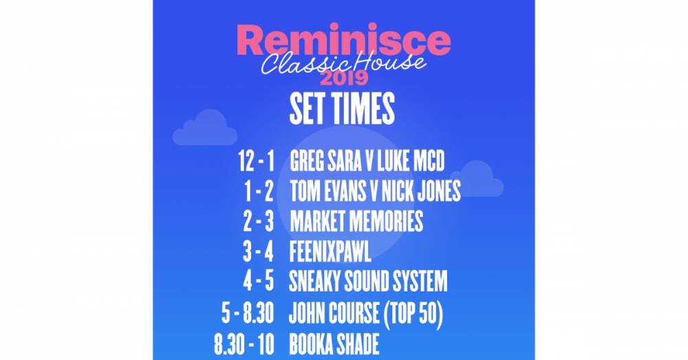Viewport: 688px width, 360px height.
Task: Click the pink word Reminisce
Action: tap(343, 41)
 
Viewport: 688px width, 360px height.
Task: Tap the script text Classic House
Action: tap(343, 64)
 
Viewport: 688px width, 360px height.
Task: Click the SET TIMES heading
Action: tap(342, 108)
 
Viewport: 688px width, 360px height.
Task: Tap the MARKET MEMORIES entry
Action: tap(356, 221)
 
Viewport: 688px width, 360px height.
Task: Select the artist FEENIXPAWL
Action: tap(330, 251)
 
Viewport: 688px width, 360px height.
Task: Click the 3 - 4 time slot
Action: tap(257, 251)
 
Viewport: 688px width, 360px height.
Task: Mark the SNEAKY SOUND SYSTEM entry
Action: tap(369, 281)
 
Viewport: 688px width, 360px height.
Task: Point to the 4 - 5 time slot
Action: tap(257, 281)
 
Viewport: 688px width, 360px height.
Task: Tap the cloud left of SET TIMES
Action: tap(204, 129)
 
